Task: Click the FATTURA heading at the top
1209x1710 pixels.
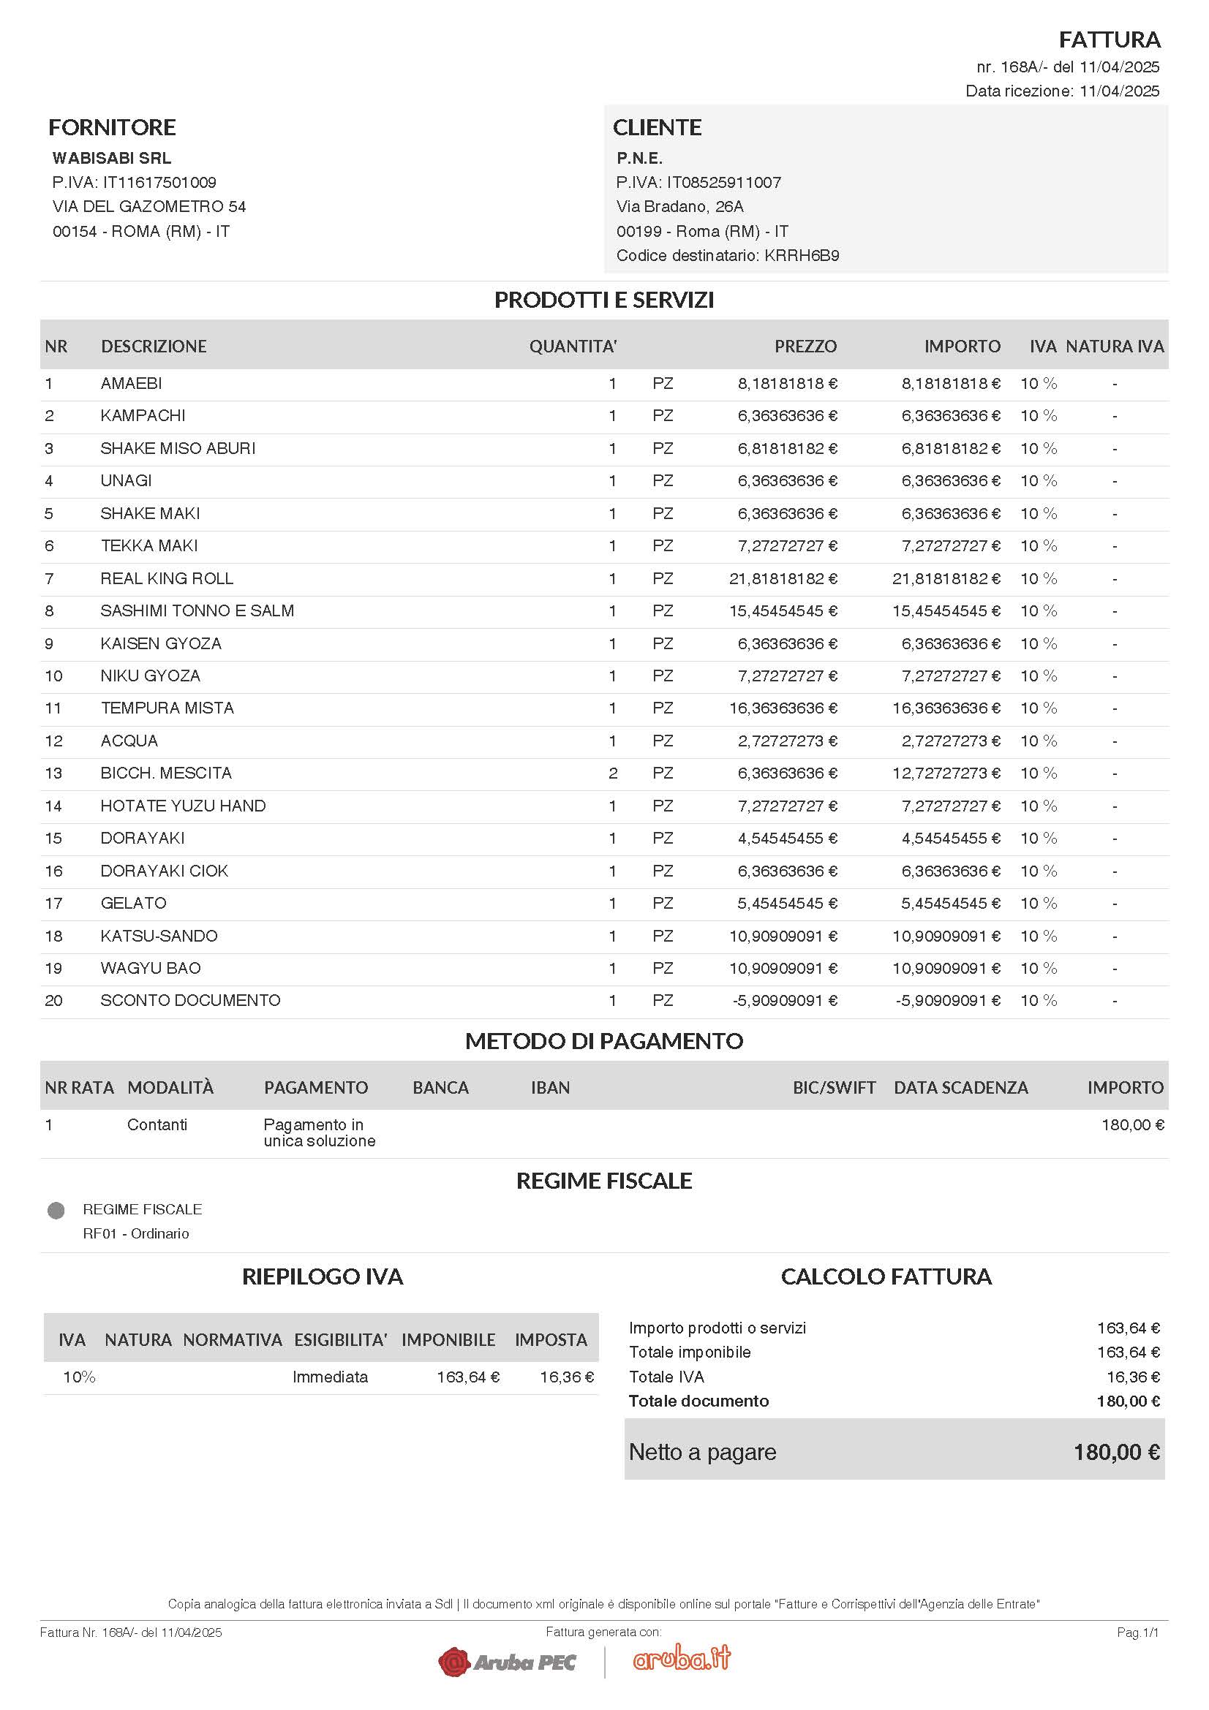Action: click(x=1110, y=39)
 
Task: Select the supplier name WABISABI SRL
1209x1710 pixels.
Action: click(x=112, y=158)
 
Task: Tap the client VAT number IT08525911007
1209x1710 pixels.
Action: click(x=723, y=183)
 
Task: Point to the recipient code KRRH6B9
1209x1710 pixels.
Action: click(x=802, y=255)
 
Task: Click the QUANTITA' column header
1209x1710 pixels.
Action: click(x=572, y=347)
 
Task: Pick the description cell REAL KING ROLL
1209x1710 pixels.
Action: click(x=167, y=579)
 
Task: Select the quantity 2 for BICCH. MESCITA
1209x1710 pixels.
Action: click(x=612, y=773)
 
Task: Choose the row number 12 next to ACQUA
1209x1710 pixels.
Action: click(x=53, y=741)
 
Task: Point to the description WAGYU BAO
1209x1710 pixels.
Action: click(x=151, y=968)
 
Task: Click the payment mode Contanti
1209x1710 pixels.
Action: click(x=157, y=1124)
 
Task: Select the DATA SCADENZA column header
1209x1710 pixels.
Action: click(x=960, y=1088)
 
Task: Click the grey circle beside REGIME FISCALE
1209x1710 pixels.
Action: click(x=56, y=1210)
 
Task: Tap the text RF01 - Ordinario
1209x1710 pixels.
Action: click(x=135, y=1233)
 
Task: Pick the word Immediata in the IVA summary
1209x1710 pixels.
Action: click(x=330, y=1377)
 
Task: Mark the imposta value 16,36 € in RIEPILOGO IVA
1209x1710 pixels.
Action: click(x=566, y=1377)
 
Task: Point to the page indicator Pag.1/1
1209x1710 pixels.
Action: click(x=1137, y=1633)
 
